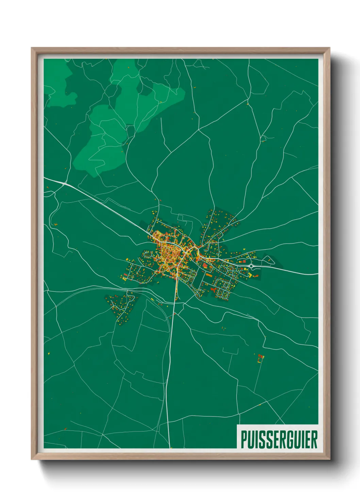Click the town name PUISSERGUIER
[279, 440]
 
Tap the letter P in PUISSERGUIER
[244, 440]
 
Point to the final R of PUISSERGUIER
[314, 440]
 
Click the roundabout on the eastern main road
[251, 266]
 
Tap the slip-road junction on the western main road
[64, 184]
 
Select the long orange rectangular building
[208, 274]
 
